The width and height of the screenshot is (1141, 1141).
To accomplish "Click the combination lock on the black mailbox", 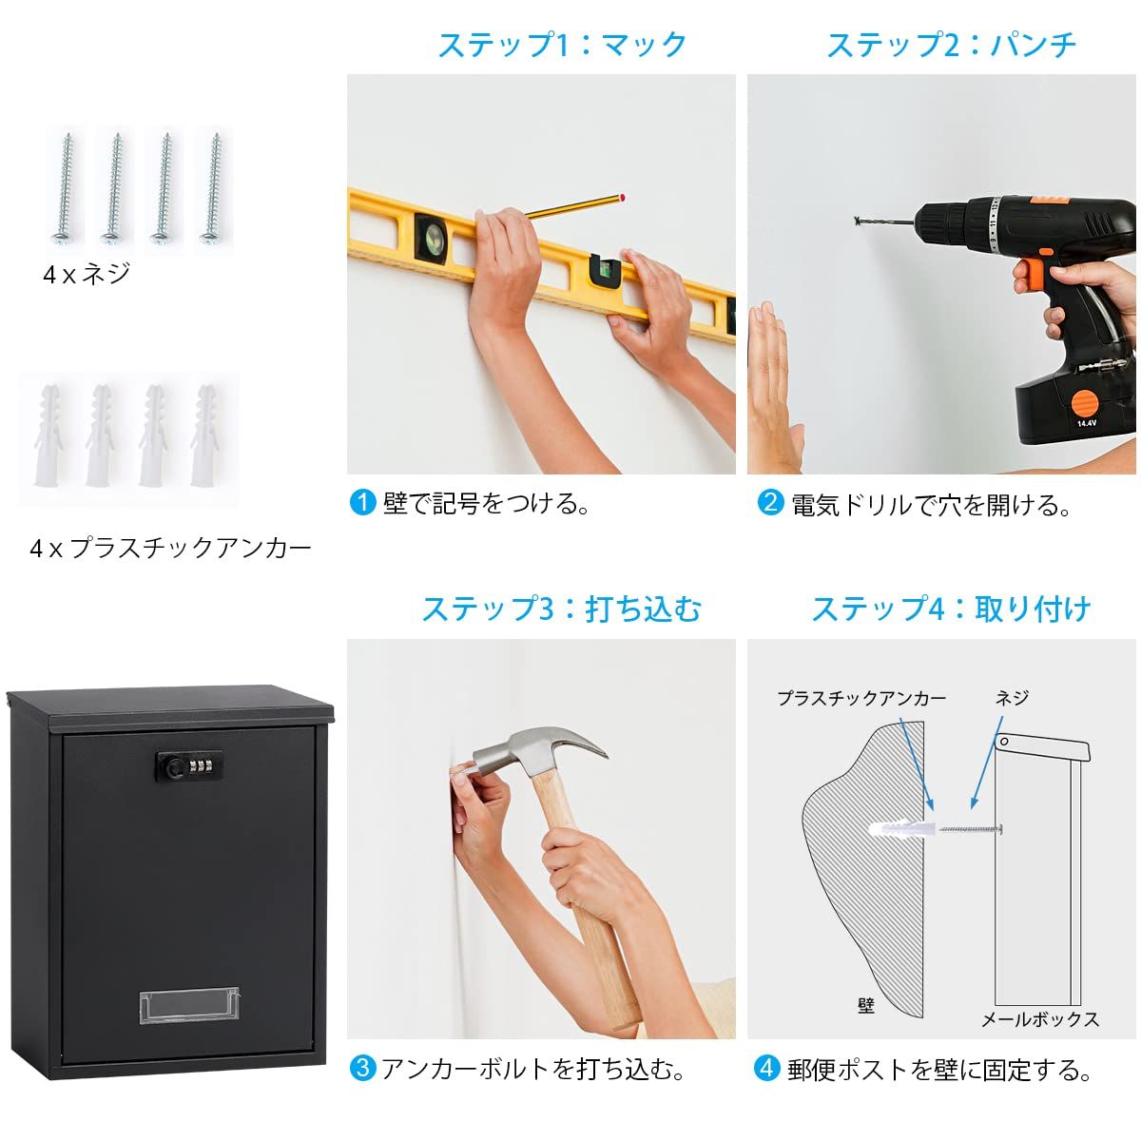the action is pyautogui.click(x=189, y=766).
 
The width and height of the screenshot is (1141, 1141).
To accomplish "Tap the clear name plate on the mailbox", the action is pyautogui.click(x=189, y=1005).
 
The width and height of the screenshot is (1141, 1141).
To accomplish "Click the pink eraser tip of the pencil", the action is pyautogui.click(x=621, y=197).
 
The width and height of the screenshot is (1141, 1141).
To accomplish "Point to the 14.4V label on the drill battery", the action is pyautogui.click(x=1087, y=423).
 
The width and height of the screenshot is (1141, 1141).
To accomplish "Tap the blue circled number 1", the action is pyautogui.click(x=362, y=503).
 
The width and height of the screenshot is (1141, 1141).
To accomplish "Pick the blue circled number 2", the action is pyautogui.click(x=770, y=502).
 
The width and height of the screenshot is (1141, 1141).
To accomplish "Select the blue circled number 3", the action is pyautogui.click(x=362, y=1068).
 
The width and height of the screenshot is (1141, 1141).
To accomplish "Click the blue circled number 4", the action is pyautogui.click(x=766, y=1068).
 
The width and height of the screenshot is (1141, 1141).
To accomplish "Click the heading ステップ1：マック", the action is pyautogui.click(x=562, y=45).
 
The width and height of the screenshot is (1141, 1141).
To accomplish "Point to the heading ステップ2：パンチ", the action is pyautogui.click(x=952, y=45).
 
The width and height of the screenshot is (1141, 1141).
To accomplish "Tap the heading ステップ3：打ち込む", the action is pyautogui.click(x=561, y=609).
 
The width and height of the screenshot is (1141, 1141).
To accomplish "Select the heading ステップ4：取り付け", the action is pyautogui.click(x=952, y=609).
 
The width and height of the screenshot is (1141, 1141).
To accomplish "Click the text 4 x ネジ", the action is pyautogui.click(x=87, y=274).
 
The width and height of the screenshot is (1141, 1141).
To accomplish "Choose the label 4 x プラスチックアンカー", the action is pyautogui.click(x=170, y=549).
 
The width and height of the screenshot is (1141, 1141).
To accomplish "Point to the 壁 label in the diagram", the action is pyautogui.click(x=865, y=1005).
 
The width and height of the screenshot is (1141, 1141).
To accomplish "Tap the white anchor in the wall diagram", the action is pyautogui.click(x=901, y=829).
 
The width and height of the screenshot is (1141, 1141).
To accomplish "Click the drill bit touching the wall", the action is pyautogui.click(x=884, y=222).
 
